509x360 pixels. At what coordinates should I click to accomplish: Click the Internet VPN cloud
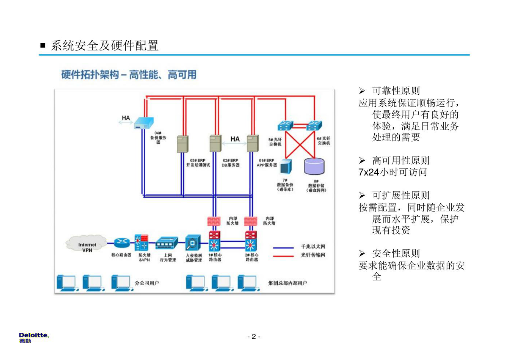coord(86,244)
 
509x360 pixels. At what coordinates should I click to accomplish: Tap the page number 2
coord(254,337)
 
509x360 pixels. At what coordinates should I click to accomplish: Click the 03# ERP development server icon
coord(182,144)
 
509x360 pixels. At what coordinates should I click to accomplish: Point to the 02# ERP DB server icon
coord(216,143)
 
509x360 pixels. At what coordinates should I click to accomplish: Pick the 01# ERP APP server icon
coord(253,143)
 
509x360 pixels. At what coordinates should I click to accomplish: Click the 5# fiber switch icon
coord(285,125)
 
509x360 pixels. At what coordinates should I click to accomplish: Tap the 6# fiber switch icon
coord(314,125)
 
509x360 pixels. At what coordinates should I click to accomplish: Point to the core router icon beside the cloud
coord(122,243)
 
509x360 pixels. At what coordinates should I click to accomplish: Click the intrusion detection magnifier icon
coord(193,243)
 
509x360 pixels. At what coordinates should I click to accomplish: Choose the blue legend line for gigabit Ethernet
coord(283,248)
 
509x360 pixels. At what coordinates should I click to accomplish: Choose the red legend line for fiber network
coord(283,256)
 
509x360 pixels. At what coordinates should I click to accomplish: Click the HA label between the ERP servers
coord(235,139)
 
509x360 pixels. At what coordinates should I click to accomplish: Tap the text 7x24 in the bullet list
coord(369,172)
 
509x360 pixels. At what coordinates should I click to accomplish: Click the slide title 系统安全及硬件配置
coord(105,46)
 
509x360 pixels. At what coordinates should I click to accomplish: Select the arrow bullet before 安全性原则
coord(362,254)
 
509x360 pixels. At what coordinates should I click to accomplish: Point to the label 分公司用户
coord(147,283)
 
